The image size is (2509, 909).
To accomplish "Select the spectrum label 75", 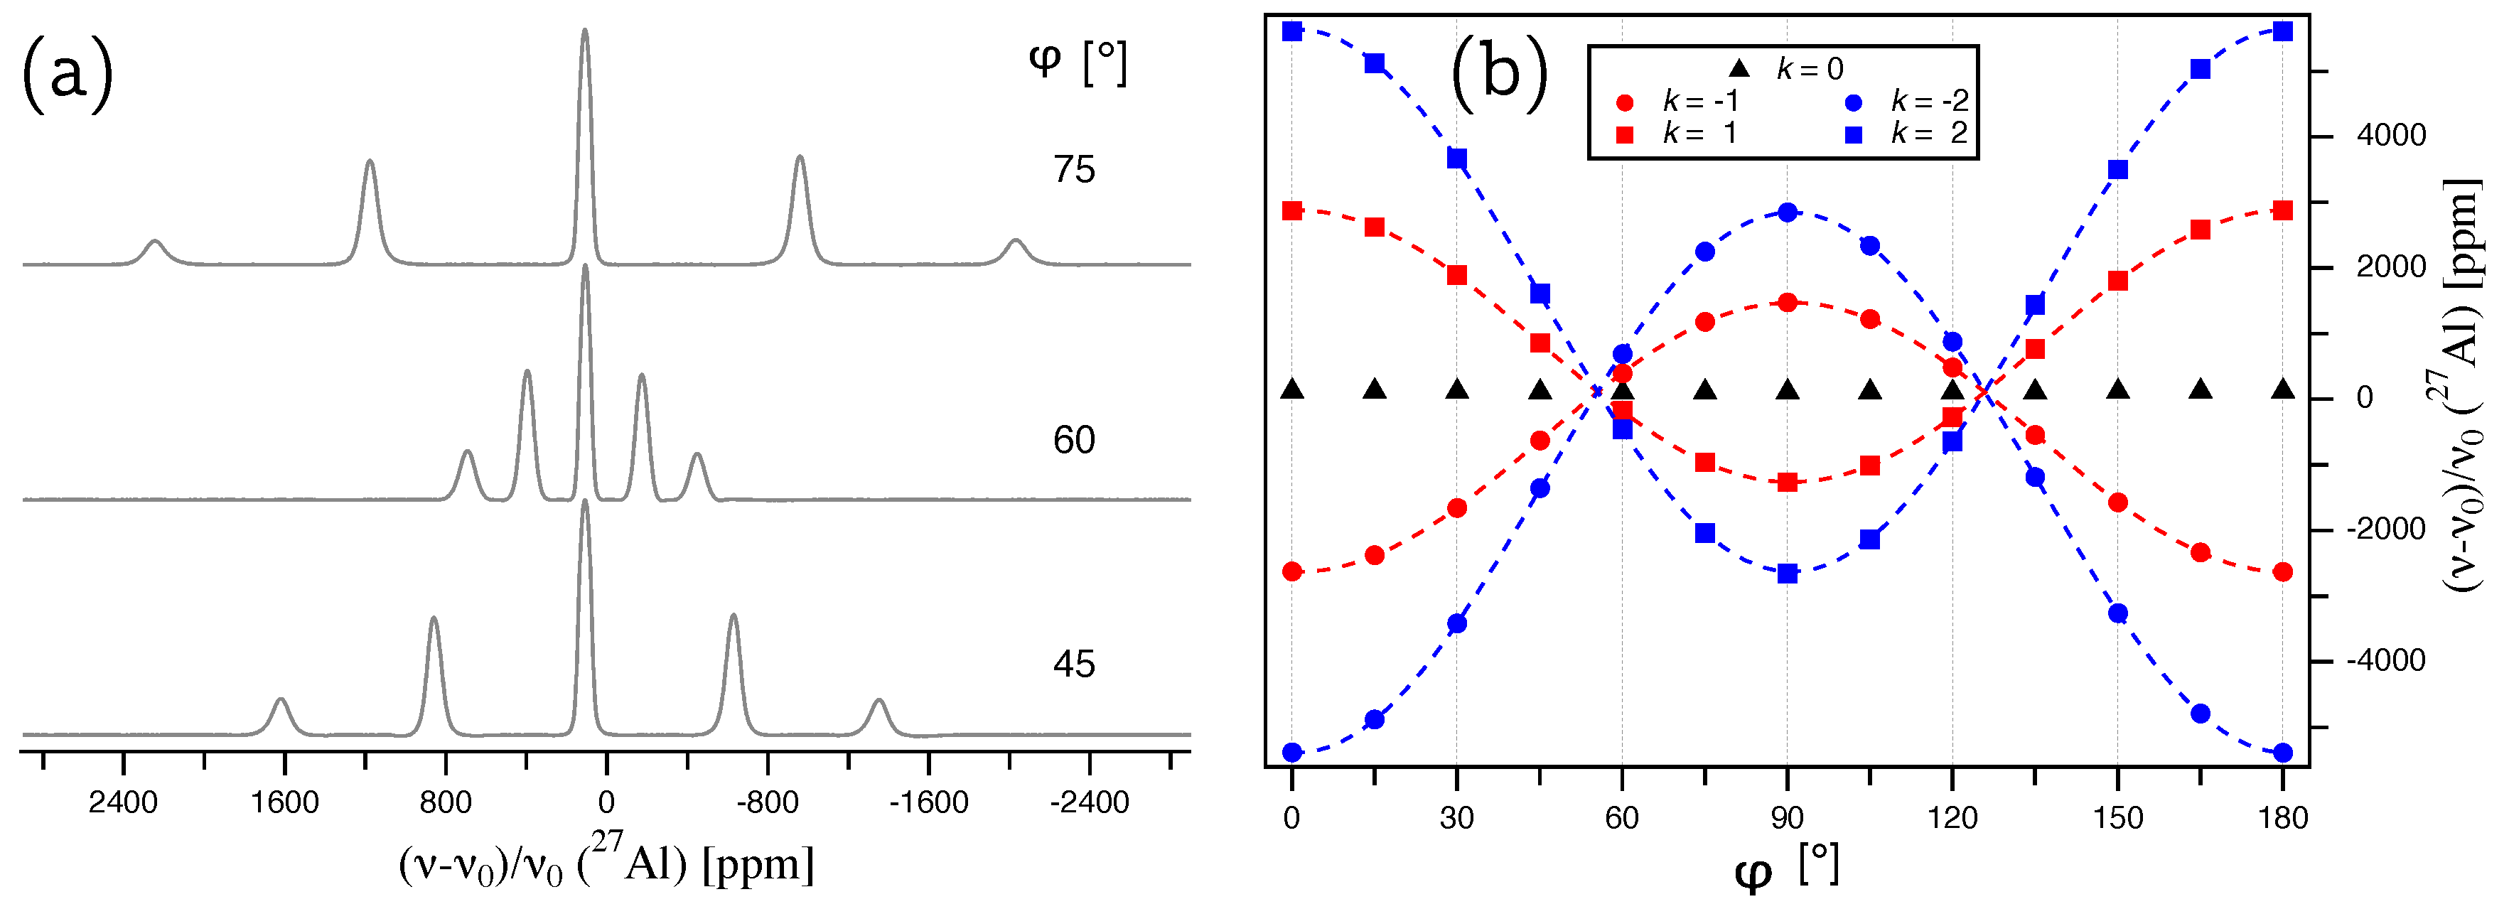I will click(x=1073, y=171).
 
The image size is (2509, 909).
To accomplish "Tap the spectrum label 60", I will click(x=1073, y=441).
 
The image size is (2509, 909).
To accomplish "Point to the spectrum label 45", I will click(x=1073, y=665).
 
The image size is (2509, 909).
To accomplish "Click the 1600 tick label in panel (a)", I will click(x=284, y=803).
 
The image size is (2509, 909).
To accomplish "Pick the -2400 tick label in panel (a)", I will click(x=1089, y=803).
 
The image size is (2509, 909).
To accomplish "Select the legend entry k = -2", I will click(x=1909, y=100).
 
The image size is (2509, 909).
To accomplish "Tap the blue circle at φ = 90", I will click(x=1788, y=213).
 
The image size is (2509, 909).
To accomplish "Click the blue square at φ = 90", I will click(x=1788, y=574).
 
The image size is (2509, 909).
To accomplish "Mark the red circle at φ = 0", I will click(x=1292, y=572).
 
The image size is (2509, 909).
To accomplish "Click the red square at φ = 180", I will click(x=2283, y=210).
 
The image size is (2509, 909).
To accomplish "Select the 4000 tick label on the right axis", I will click(x=2391, y=136).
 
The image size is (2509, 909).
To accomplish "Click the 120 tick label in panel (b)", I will click(x=1952, y=819).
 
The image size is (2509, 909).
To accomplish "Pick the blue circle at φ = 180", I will click(x=2283, y=752).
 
